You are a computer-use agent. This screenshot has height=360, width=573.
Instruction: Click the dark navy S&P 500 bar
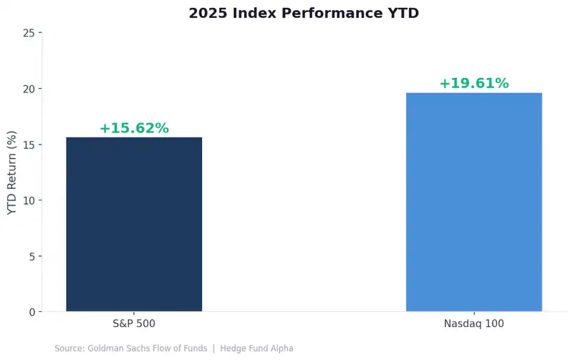134,224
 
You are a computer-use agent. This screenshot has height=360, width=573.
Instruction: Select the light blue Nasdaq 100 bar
474,202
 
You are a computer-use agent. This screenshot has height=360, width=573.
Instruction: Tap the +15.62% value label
134,129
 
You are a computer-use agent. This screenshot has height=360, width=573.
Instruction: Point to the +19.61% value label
474,84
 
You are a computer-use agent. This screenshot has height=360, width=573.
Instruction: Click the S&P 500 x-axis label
134,323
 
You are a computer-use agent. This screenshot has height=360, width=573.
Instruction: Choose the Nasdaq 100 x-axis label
474,323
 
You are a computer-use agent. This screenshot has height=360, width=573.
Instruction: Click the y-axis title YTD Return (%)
11,172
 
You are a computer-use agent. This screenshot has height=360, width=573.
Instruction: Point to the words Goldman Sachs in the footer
114,349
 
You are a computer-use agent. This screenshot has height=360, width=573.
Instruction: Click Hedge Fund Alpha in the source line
256,349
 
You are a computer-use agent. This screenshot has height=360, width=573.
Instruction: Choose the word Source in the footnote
69,349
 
